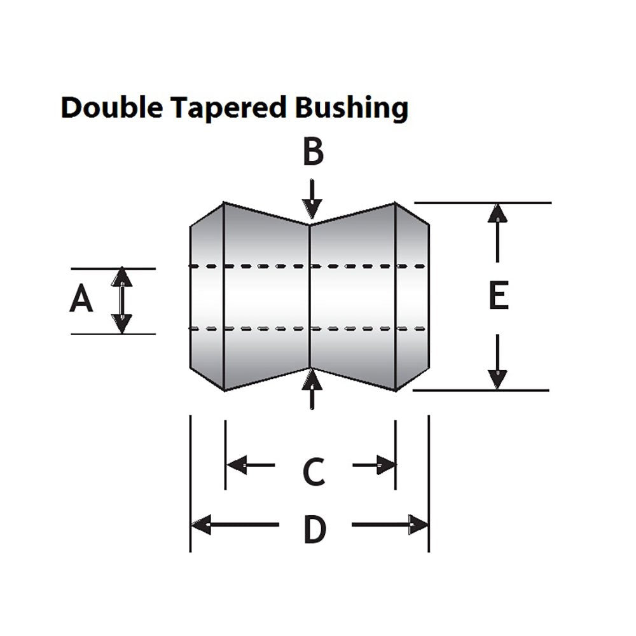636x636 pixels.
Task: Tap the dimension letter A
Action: pos(81,300)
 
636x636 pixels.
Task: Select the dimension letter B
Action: pos(312,153)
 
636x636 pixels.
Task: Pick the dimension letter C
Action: pos(314,471)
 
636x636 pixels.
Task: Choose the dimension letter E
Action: pos(499,296)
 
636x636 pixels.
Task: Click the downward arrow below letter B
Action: pos(311,200)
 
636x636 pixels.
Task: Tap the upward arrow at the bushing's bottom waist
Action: pos(311,388)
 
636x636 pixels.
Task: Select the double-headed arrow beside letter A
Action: pos(121,301)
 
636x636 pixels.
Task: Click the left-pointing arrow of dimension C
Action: pos(251,465)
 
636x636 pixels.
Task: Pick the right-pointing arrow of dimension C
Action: pos(375,465)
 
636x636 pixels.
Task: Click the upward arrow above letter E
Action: pos(497,232)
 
